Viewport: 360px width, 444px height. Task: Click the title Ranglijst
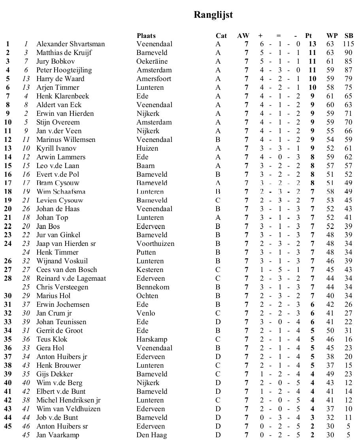(x=213, y=15)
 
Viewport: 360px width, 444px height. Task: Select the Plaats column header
(x=146, y=36)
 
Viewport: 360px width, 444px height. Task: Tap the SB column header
(x=349, y=36)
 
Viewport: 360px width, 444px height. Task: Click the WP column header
(x=332, y=36)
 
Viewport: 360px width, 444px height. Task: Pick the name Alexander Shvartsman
(x=70, y=44)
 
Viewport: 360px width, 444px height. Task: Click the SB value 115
(x=349, y=44)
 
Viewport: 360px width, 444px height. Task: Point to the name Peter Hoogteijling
(x=64, y=70)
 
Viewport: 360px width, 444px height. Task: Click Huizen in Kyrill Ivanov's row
(x=147, y=148)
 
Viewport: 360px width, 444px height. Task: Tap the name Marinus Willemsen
(x=66, y=140)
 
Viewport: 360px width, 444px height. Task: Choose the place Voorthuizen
(x=155, y=244)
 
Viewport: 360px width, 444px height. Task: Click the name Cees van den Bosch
(x=66, y=270)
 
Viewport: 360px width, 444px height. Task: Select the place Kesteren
(x=150, y=270)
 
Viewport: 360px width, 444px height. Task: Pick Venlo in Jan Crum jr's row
(x=146, y=313)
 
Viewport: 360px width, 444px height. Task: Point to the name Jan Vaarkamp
(x=58, y=435)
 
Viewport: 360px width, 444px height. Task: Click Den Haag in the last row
(x=152, y=435)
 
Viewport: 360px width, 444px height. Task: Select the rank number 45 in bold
(x=8, y=426)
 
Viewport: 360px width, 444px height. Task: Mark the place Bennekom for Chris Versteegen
(x=153, y=287)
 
